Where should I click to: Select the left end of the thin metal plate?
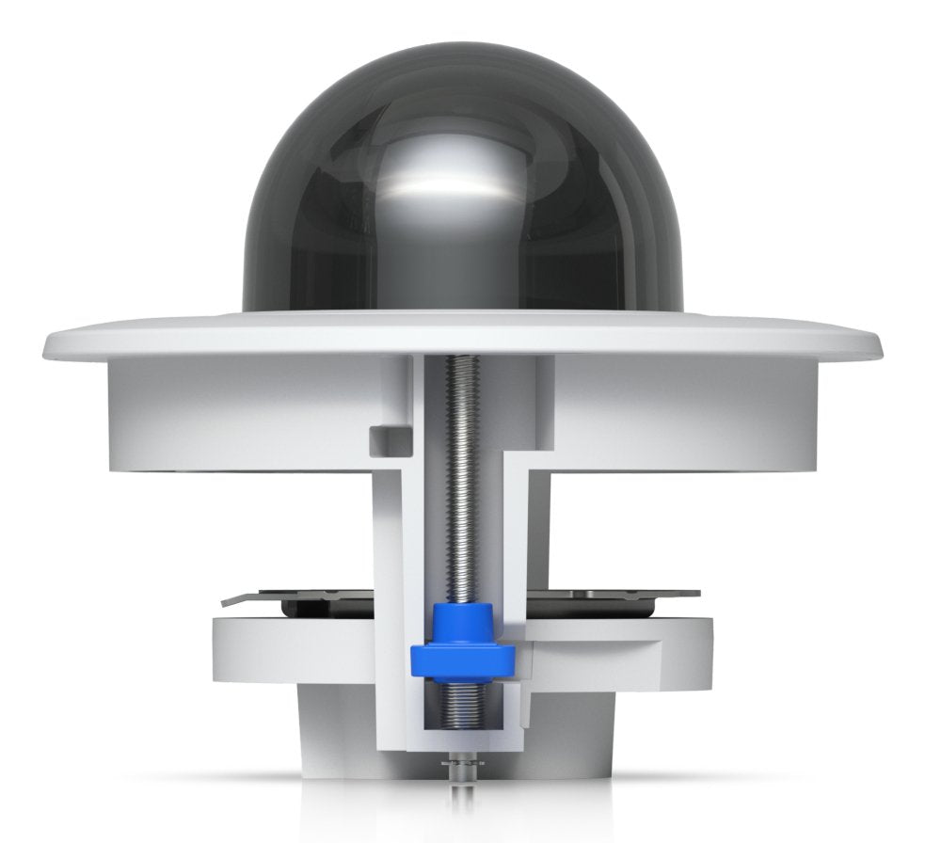(x=226, y=599)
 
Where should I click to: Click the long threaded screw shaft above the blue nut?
(x=462, y=489)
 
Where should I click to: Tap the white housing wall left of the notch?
(x=235, y=414)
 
